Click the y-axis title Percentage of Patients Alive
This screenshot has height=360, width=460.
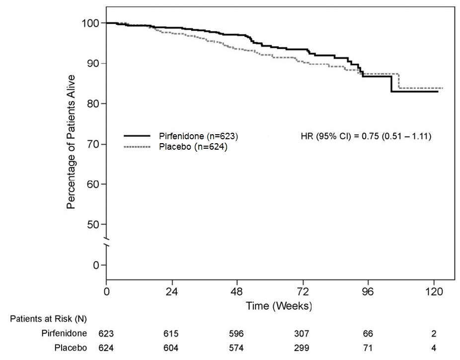[71, 142]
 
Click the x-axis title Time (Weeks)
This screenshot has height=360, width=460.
[279, 305]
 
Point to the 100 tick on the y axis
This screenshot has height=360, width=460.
[93, 23]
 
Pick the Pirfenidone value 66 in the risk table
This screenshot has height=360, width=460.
[368, 333]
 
